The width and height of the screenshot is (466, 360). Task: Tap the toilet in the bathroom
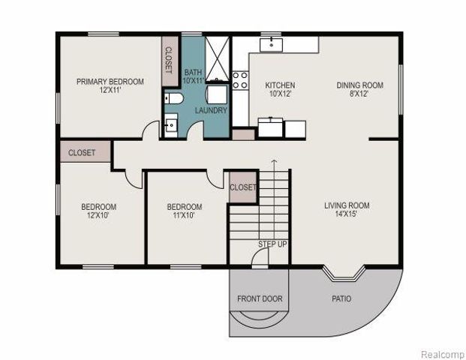pyautogui.click(x=172, y=100)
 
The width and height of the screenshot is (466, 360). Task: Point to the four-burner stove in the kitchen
pyautogui.click(x=239, y=80)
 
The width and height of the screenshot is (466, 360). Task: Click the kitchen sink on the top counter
pyautogui.click(x=271, y=44)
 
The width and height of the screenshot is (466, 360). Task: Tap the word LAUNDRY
pyautogui.click(x=211, y=110)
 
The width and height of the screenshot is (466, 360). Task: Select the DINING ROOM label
pyautogui.click(x=359, y=90)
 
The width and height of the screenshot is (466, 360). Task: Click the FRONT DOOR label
pyautogui.click(x=260, y=298)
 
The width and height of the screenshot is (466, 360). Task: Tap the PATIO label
pyautogui.click(x=341, y=298)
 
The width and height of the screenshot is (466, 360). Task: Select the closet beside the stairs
pyautogui.click(x=242, y=187)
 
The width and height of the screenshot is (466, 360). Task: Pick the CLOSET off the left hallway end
pyautogui.click(x=83, y=152)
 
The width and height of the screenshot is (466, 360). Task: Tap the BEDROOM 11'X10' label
pyautogui.click(x=184, y=211)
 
